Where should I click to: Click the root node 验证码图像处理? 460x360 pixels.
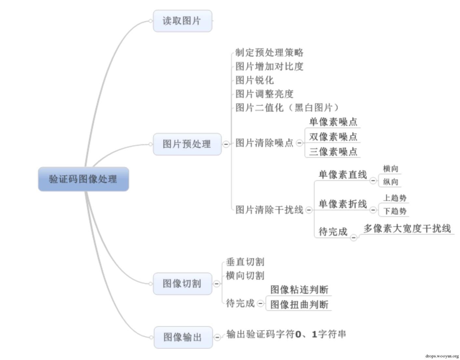pyautogui.click(x=83, y=179)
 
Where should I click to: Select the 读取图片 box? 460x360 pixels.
pyautogui.click(x=182, y=21)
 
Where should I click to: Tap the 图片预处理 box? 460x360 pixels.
pyautogui.click(x=187, y=144)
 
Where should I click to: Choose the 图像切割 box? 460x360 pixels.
pyautogui.click(x=182, y=284)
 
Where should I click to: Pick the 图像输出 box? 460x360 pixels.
pyautogui.click(x=183, y=337)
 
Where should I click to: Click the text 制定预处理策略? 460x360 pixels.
pyautogui.click(x=269, y=52)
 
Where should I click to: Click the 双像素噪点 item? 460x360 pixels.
pyautogui.click(x=333, y=137)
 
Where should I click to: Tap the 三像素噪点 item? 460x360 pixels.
pyautogui.click(x=333, y=152)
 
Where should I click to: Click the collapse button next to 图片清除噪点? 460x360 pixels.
pyautogui.click(x=299, y=143)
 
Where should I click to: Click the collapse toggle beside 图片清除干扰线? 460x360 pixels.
pyautogui.click(x=309, y=210)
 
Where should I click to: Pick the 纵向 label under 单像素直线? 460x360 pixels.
pyautogui.click(x=390, y=182)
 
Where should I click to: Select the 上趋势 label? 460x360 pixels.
pyautogui.click(x=395, y=198)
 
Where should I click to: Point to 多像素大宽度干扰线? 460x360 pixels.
pyautogui.click(x=407, y=228)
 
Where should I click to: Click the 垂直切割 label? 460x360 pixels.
pyautogui.click(x=245, y=262)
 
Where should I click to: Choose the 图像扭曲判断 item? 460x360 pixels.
pyautogui.click(x=299, y=305)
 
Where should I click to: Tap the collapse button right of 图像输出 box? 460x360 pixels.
pyautogui.click(x=217, y=337)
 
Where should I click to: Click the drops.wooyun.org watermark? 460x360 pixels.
pyautogui.click(x=442, y=356)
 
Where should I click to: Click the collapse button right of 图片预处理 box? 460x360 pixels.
pyautogui.click(x=226, y=144)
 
